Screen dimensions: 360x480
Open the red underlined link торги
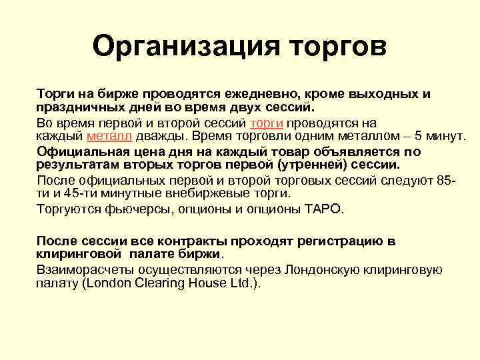267,123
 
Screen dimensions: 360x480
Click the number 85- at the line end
448,181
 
